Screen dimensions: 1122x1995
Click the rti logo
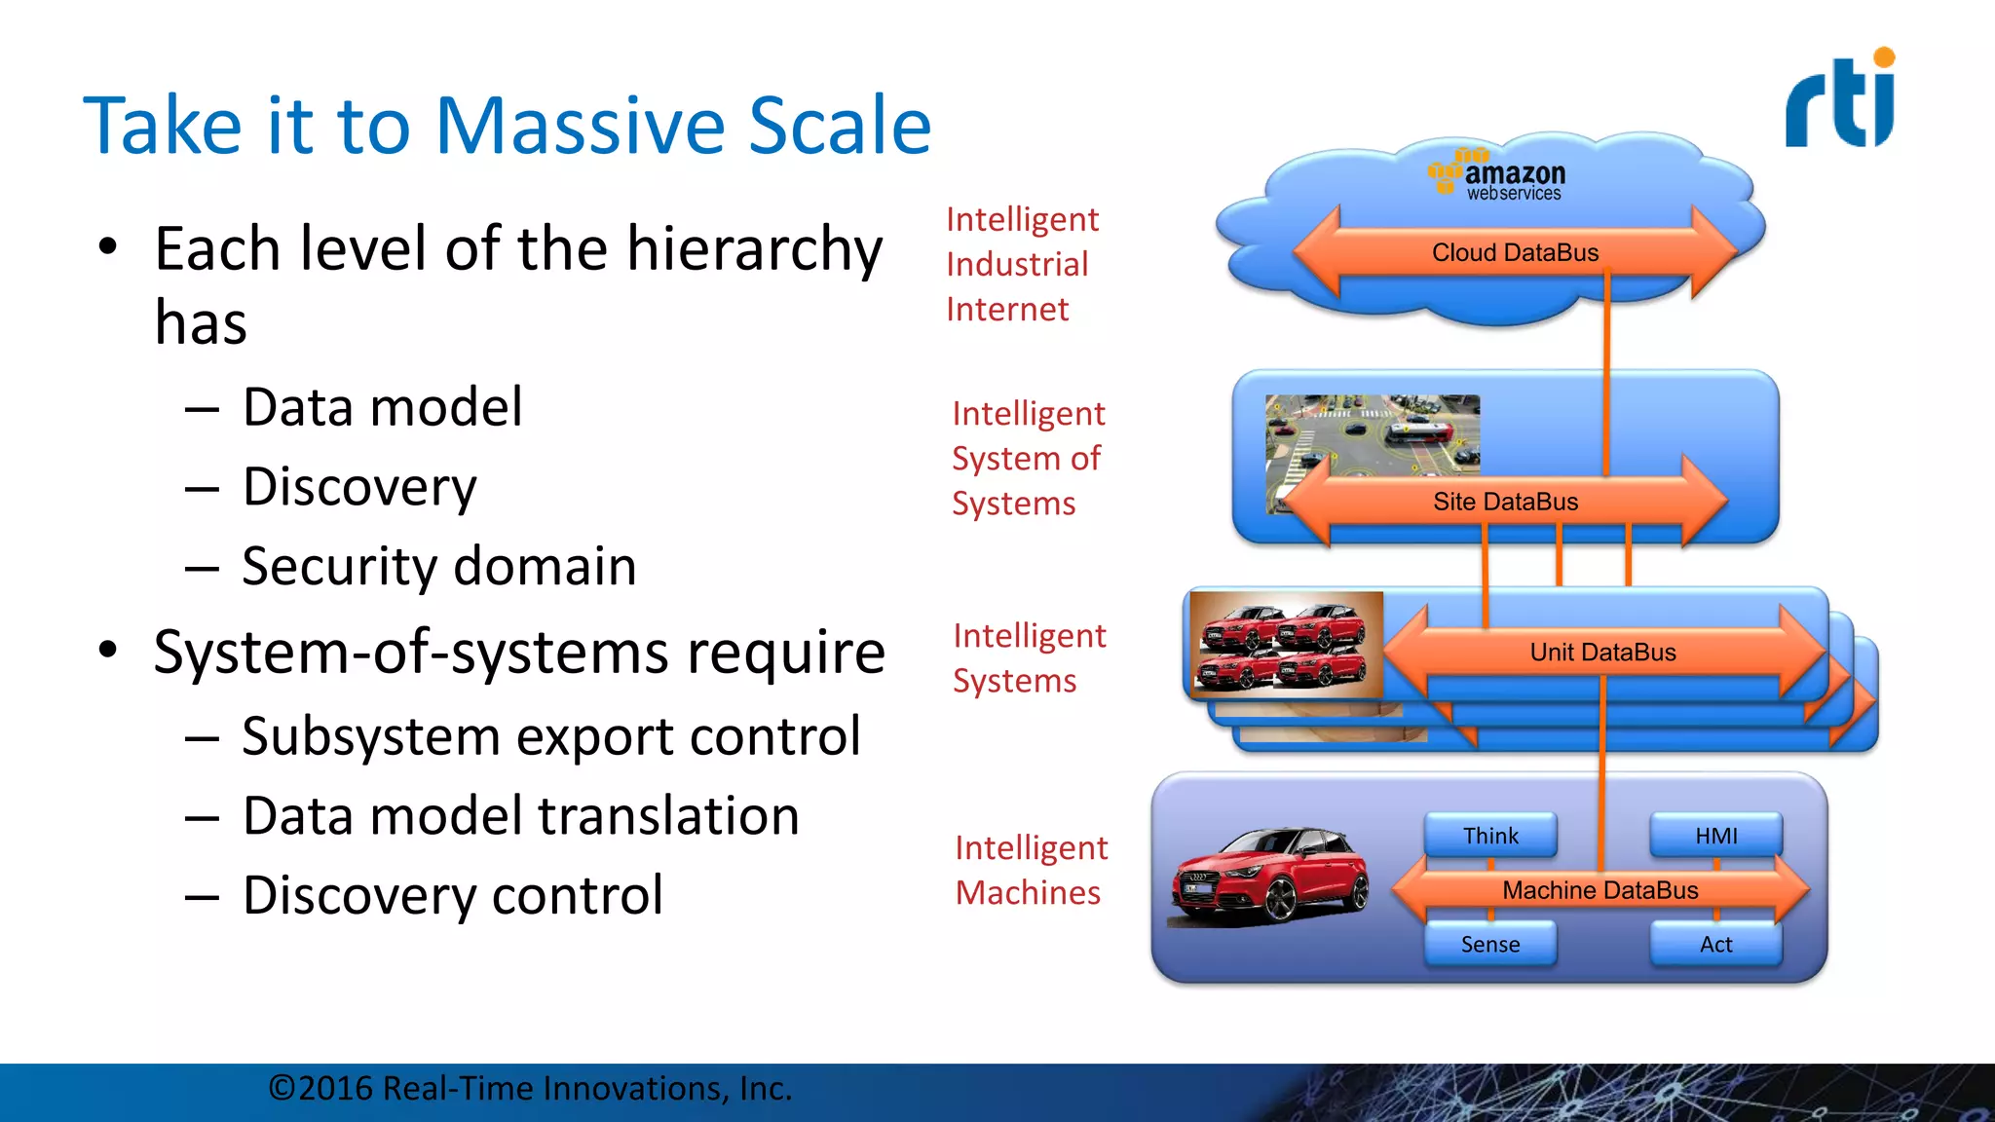pyautogui.click(x=1840, y=100)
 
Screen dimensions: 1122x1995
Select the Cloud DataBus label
pyautogui.click(x=1515, y=252)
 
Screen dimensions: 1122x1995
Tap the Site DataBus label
pyautogui.click(x=1505, y=502)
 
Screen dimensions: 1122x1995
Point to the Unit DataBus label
pyautogui.click(x=1602, y=653)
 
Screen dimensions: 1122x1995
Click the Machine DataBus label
pyautogui.click(x=1600, y=890)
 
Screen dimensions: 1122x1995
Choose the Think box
pyautogui.click(x=1490, y=836)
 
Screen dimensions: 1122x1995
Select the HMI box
pyautogui.click(x=1715, y=836)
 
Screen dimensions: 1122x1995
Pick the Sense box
pyautogui.click(x=1489, y=944)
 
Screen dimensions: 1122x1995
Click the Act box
pyautogui.click(x=1715, y=944)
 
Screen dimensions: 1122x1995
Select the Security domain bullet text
pyautogui.click(x=438, y=566)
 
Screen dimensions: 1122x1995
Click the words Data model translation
pyautogui.click(x=521, y=815)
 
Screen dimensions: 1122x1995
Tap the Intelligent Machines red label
pyautogui.click(x=1031, y=870)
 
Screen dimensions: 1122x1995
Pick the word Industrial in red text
pyautogui.click(x=1017, y=264)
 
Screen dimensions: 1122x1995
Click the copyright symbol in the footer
pyautogui.click(x=282, y=1088)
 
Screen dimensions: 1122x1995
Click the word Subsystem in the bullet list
pyautogui.click(x=369, y=736)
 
